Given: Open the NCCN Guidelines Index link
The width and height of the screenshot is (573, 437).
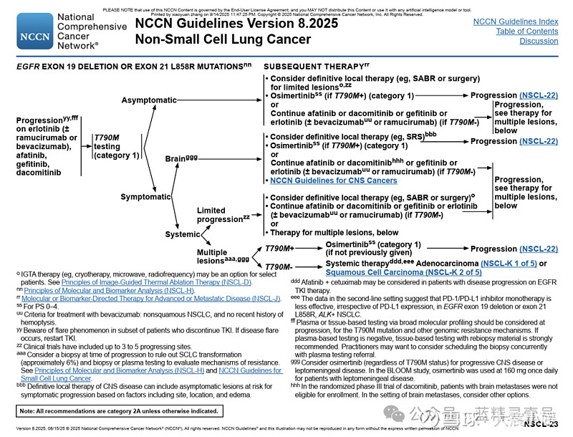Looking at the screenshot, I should pyautogui.click(x=516, y=22).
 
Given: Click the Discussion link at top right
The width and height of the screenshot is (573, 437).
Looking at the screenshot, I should pyautogui.click(x=539, y=41).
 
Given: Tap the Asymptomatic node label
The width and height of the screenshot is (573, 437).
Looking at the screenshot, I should pyautogui.click(x=149, y=100).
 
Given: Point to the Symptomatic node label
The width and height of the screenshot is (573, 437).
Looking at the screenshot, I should pyautogui.click(x=146, y=196).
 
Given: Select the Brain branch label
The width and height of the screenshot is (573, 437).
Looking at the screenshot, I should pyautogui.click(x=181, y=158).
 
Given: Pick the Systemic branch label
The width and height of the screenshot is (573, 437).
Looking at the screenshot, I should pyautogui.click(x=183, y=234).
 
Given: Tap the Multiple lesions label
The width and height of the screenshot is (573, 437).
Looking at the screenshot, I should pyautogui.click(x=223, y=256).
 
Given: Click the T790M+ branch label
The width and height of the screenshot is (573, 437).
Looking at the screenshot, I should pyautogui.click(x=280, y=248).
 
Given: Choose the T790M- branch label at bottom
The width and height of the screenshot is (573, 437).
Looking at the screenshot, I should pyautogui.click(x=279, y=267).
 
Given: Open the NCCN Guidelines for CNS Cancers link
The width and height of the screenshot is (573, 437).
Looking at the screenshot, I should pyautogui.click(x=334, y=181).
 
